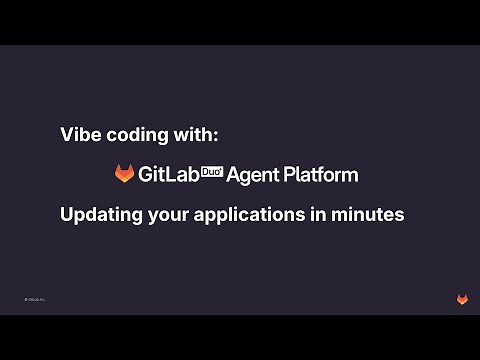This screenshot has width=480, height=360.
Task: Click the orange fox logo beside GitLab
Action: tap(125, 174)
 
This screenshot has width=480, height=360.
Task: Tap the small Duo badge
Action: tap(212, 171)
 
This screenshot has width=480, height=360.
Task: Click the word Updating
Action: tap(97, 214)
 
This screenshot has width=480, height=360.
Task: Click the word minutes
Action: tap(367, 214)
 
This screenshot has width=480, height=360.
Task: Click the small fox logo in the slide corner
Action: tap(462, 299)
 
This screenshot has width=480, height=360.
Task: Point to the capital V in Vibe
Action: tap(67, 135)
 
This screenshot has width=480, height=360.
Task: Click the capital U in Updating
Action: tap(67, 214)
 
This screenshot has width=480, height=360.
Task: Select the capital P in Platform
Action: tap(289, 174)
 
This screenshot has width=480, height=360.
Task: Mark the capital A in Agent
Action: tap(233, 174)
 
